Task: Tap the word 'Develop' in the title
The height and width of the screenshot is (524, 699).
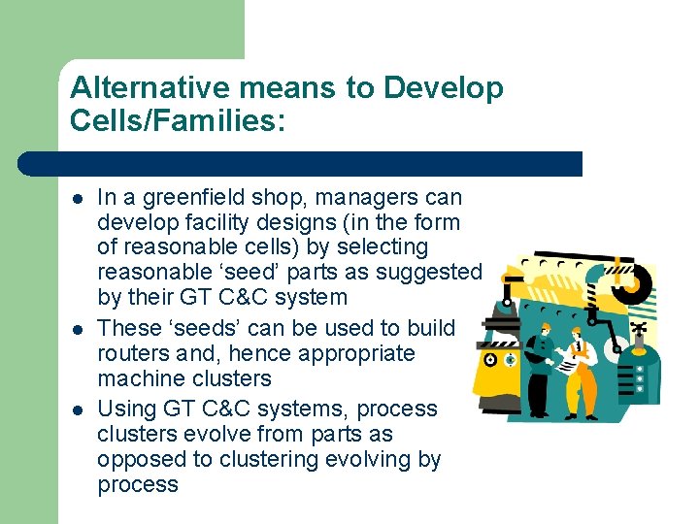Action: point(444,88)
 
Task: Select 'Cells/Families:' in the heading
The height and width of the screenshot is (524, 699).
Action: point(179,121)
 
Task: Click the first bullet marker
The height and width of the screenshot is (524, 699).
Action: point(78,198)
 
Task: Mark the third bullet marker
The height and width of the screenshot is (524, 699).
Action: point(78,409)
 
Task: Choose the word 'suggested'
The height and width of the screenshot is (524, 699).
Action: point(432,273)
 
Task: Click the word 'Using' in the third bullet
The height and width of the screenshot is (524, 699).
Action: point(124,409)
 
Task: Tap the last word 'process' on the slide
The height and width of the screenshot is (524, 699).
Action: point(137,484)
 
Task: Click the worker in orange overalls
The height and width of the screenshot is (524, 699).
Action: point(581,374)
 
